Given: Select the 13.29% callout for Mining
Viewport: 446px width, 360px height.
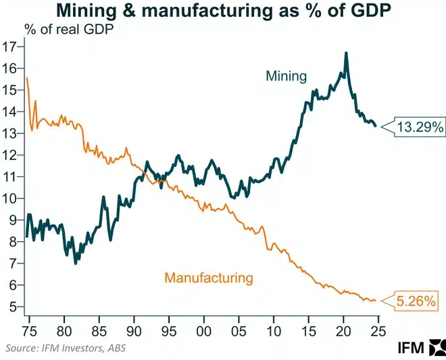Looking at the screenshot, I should pyautogui.click(x=419, y=126).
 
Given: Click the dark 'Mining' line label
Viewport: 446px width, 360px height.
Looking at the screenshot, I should pyautogui.click(x=287, y=76).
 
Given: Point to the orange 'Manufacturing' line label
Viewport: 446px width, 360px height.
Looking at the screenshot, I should pyautogui.click(x=209, y=277).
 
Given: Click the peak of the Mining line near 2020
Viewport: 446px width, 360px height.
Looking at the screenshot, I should pyautogui.click(x=346, y=53).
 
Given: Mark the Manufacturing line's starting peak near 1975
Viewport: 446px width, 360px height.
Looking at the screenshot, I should pyautogui.click(x=26, y=78).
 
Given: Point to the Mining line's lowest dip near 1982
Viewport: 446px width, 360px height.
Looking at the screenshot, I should pyautogui.click(x=75, y=262).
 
